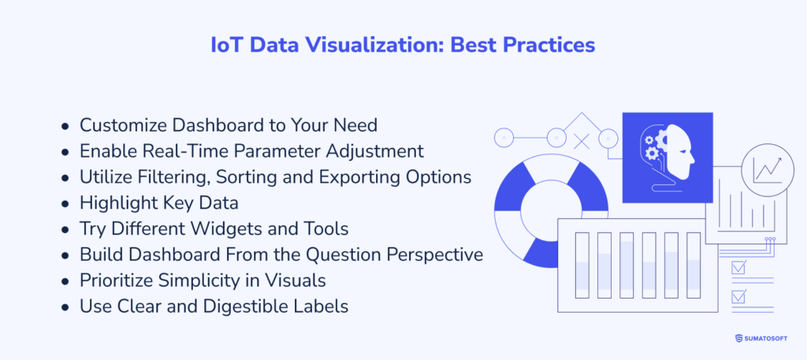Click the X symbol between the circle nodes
pyautogui.click(x=582, y=141)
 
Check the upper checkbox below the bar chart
pyautogui.click(x=738, y=268)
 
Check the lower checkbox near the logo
pyautogui.click(x=738, y=297)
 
